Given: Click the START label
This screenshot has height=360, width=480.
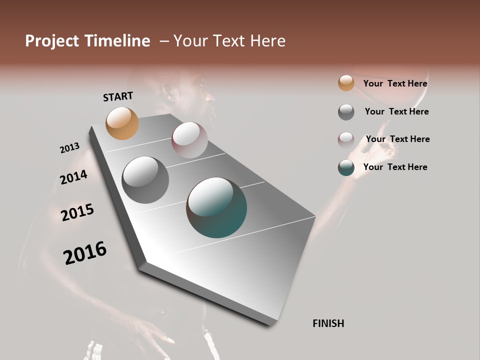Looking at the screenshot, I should [x=118, y=96].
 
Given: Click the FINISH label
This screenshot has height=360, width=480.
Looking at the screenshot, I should [x=328, y=323].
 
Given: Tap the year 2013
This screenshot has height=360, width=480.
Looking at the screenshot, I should [x=69, y=148].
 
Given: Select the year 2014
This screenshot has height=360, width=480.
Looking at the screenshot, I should [x=73, y=177].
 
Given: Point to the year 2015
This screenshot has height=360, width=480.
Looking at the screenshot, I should [x=77, y=212].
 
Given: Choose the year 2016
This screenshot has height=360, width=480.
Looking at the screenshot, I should [x=85, y=252].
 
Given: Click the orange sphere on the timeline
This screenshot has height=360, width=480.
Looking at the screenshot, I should [x=122, y=123].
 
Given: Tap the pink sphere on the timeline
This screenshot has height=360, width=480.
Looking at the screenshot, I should [x=189, y=140].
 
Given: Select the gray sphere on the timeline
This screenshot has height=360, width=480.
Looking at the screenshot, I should [x=145, y=179].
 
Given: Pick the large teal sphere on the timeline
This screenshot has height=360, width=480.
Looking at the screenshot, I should [x=216, y=207].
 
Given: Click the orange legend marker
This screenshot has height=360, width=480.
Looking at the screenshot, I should [x=346, y=83].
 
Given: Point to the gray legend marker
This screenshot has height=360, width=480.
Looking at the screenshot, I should [x=346, y=112].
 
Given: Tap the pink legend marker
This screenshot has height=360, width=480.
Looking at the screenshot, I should [x=346, y=140].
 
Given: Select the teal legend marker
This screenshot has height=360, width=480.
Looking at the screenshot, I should [x=346, y=167].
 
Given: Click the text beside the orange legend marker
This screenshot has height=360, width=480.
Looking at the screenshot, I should [x=395, y=83].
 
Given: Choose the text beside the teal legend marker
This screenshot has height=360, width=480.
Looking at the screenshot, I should [x=395, y=167].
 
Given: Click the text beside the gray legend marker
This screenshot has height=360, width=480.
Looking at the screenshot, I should [x=396, y=111].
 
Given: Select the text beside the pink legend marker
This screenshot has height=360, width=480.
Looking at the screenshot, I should [x=397, y=139].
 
